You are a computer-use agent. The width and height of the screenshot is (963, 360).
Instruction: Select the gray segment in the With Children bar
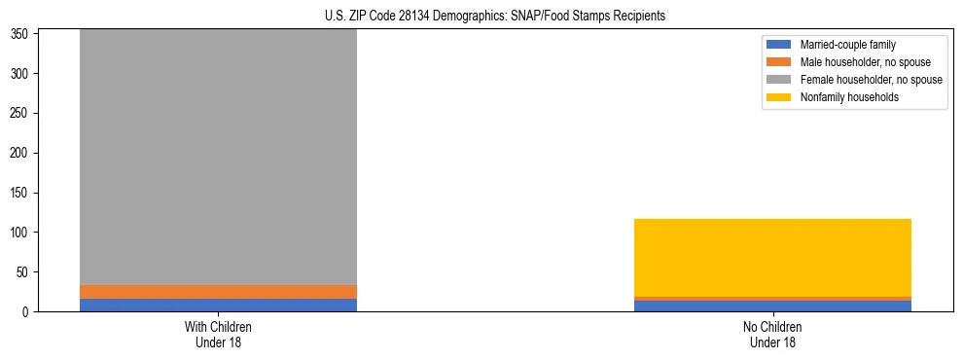(x=218, y=156)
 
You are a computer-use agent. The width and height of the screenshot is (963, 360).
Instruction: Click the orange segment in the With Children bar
(x=218, y=292)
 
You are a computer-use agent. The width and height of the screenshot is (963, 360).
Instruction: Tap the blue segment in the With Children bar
(x=218, y=306)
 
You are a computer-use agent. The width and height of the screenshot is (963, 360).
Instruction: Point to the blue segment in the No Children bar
(x=772, y=306)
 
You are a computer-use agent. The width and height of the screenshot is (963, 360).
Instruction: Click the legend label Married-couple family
(x=848, y=45)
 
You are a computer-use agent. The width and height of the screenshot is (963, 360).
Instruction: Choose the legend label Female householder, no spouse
(x=871, y=80)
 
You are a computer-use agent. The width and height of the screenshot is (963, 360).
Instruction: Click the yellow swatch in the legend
(x=780, y=97)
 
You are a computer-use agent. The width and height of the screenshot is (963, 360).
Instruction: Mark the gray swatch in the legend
(x=780, y=80)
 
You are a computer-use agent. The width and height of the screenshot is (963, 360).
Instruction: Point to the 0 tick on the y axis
(x=27, y=312)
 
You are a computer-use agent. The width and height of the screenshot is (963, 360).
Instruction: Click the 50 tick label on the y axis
(x=24, y=272)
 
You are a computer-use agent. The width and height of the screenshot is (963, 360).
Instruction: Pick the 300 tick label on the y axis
(x=21, y=73)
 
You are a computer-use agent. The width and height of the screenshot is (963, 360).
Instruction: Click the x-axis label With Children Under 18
(x=218, y=335)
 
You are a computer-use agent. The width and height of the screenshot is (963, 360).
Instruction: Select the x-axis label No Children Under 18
(x=772, y=335)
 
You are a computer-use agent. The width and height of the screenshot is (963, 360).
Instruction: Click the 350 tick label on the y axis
(x=21, y=34)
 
